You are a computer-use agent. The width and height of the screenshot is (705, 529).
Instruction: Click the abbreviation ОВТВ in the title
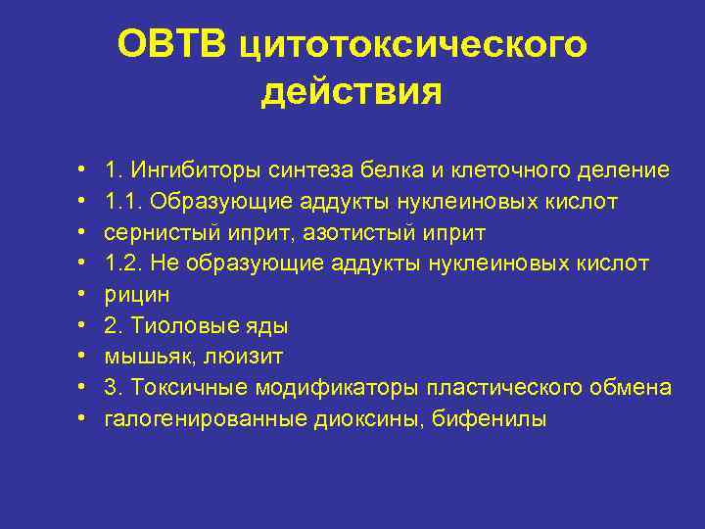[x=170, y=44]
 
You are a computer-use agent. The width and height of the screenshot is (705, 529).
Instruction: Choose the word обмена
[x=630, y=389]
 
